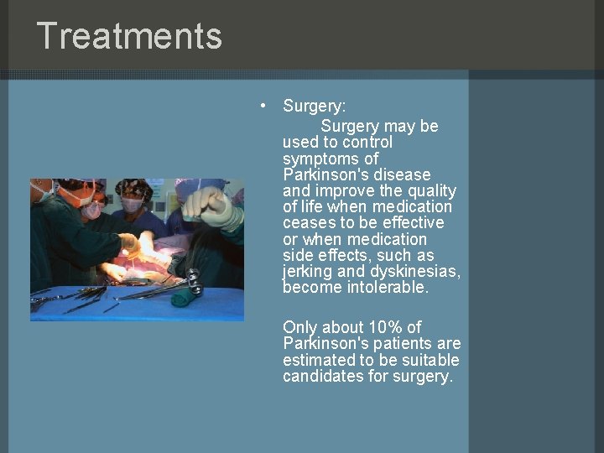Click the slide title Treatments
(x=129, y=36)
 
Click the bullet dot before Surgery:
(x=263, y=106)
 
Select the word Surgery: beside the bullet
(x=315, y=107)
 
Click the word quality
(x=428, y=190)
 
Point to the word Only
(x=300, y=328)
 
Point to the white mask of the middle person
(x=132, y=204)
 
